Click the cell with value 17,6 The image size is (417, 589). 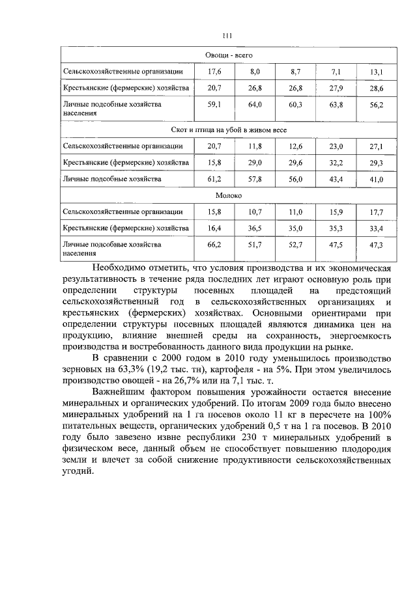point(215,71)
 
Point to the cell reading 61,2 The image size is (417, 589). point(215,178)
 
